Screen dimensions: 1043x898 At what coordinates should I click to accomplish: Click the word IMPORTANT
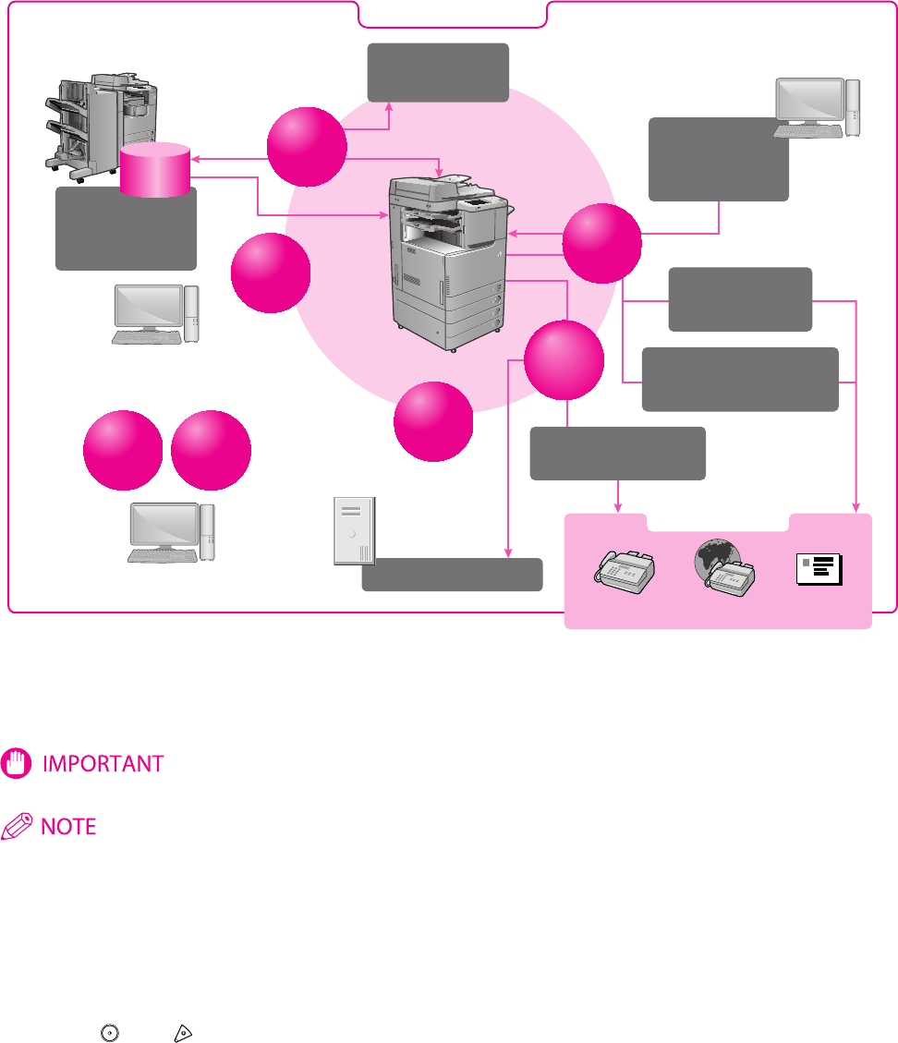tap(103, 764)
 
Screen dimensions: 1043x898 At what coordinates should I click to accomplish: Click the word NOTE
tap(69, 826)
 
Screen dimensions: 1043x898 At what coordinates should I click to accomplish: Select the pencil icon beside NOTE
tap(18, 827)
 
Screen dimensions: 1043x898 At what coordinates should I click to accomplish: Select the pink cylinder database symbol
tap(155, 169)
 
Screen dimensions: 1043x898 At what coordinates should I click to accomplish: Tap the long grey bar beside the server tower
tap(451, 574)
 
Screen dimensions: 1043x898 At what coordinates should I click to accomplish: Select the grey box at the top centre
tap(438, 71)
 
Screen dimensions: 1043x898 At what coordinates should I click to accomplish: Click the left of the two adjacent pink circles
tap(122, 450)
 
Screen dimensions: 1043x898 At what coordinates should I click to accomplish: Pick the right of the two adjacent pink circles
tap(211, 450)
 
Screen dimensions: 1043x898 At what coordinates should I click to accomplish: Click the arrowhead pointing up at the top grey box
tap(389, 107)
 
